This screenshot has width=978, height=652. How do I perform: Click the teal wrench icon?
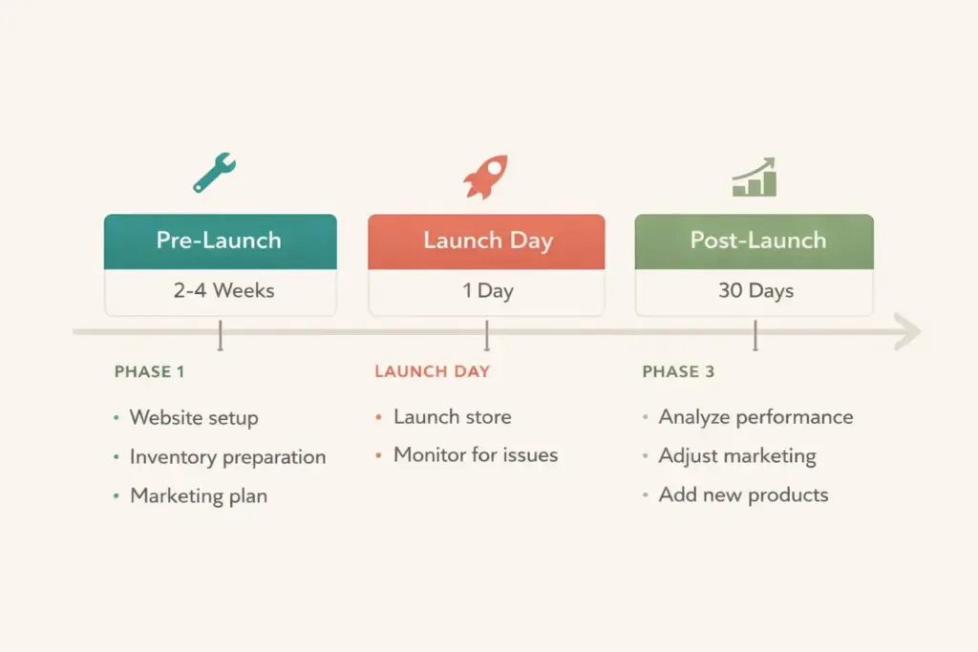point(214,173)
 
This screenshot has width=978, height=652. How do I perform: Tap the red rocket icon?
point(485,177)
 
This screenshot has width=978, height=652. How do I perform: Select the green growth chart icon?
point(755,178)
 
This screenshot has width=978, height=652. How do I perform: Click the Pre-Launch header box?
point(220,241)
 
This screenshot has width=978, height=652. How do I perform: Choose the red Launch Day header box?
point(487,241)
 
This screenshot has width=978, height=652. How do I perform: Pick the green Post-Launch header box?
point(755,241)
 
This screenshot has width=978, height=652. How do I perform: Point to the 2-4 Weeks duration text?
point(224,290)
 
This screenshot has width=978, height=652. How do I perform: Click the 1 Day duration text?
point(488,290)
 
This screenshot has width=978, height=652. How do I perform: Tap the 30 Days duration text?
point(755,290)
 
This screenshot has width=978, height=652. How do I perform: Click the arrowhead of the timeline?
point(908,332)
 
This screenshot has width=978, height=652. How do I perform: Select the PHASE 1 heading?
point(150,371)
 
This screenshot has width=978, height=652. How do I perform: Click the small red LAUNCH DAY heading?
point(432,371)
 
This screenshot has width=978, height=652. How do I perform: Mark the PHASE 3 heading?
point(678,371)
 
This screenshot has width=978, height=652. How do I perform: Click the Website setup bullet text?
point(194,418)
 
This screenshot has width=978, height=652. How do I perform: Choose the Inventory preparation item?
point(227,457)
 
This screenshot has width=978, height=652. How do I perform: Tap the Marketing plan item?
point(199,495)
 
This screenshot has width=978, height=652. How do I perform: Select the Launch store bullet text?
point(452,417)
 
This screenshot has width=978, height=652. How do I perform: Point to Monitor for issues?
point(476,455)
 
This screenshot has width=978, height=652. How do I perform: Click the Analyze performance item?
point(755,417)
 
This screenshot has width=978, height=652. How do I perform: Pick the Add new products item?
point(743,494)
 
